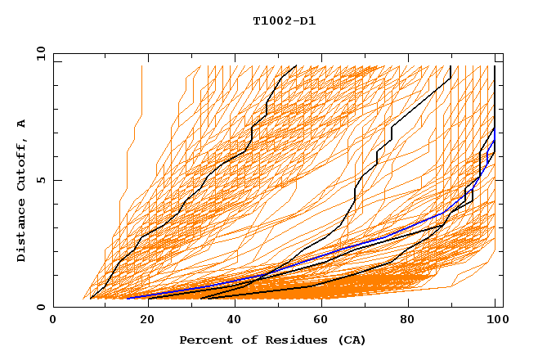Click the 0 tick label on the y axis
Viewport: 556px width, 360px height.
41,308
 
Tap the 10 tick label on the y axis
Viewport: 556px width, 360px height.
38,52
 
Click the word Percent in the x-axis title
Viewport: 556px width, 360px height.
202,340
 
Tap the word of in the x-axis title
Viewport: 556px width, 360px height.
244,340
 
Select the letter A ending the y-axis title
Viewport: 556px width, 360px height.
22,123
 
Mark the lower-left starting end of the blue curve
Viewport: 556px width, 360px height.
128,298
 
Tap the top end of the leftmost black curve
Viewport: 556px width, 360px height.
297,65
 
